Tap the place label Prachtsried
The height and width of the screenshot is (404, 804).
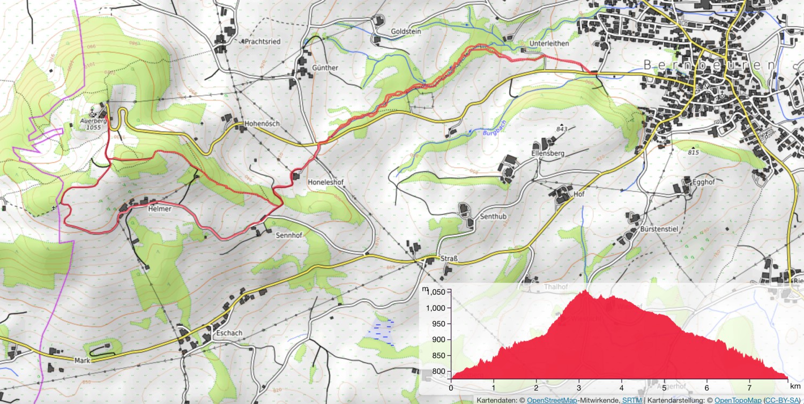pyautogui.click(x=263, y=41)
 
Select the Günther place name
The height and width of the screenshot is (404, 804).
pyautogui.click(x=325, y=68)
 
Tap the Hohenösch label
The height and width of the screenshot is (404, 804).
pyautogui.click(x=262, y=124)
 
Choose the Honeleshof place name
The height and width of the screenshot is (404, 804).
pyautogui.click(x=325, y=182)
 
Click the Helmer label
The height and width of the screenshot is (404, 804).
pyautogui.click(x=159, y=209)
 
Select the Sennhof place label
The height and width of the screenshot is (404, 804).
pyautogui.click(x=289, y=235)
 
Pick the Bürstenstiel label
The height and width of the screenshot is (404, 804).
pyautogui.click(x=659, y=229)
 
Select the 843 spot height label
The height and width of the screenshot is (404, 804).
pyautogui.click(x=562, y=129)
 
